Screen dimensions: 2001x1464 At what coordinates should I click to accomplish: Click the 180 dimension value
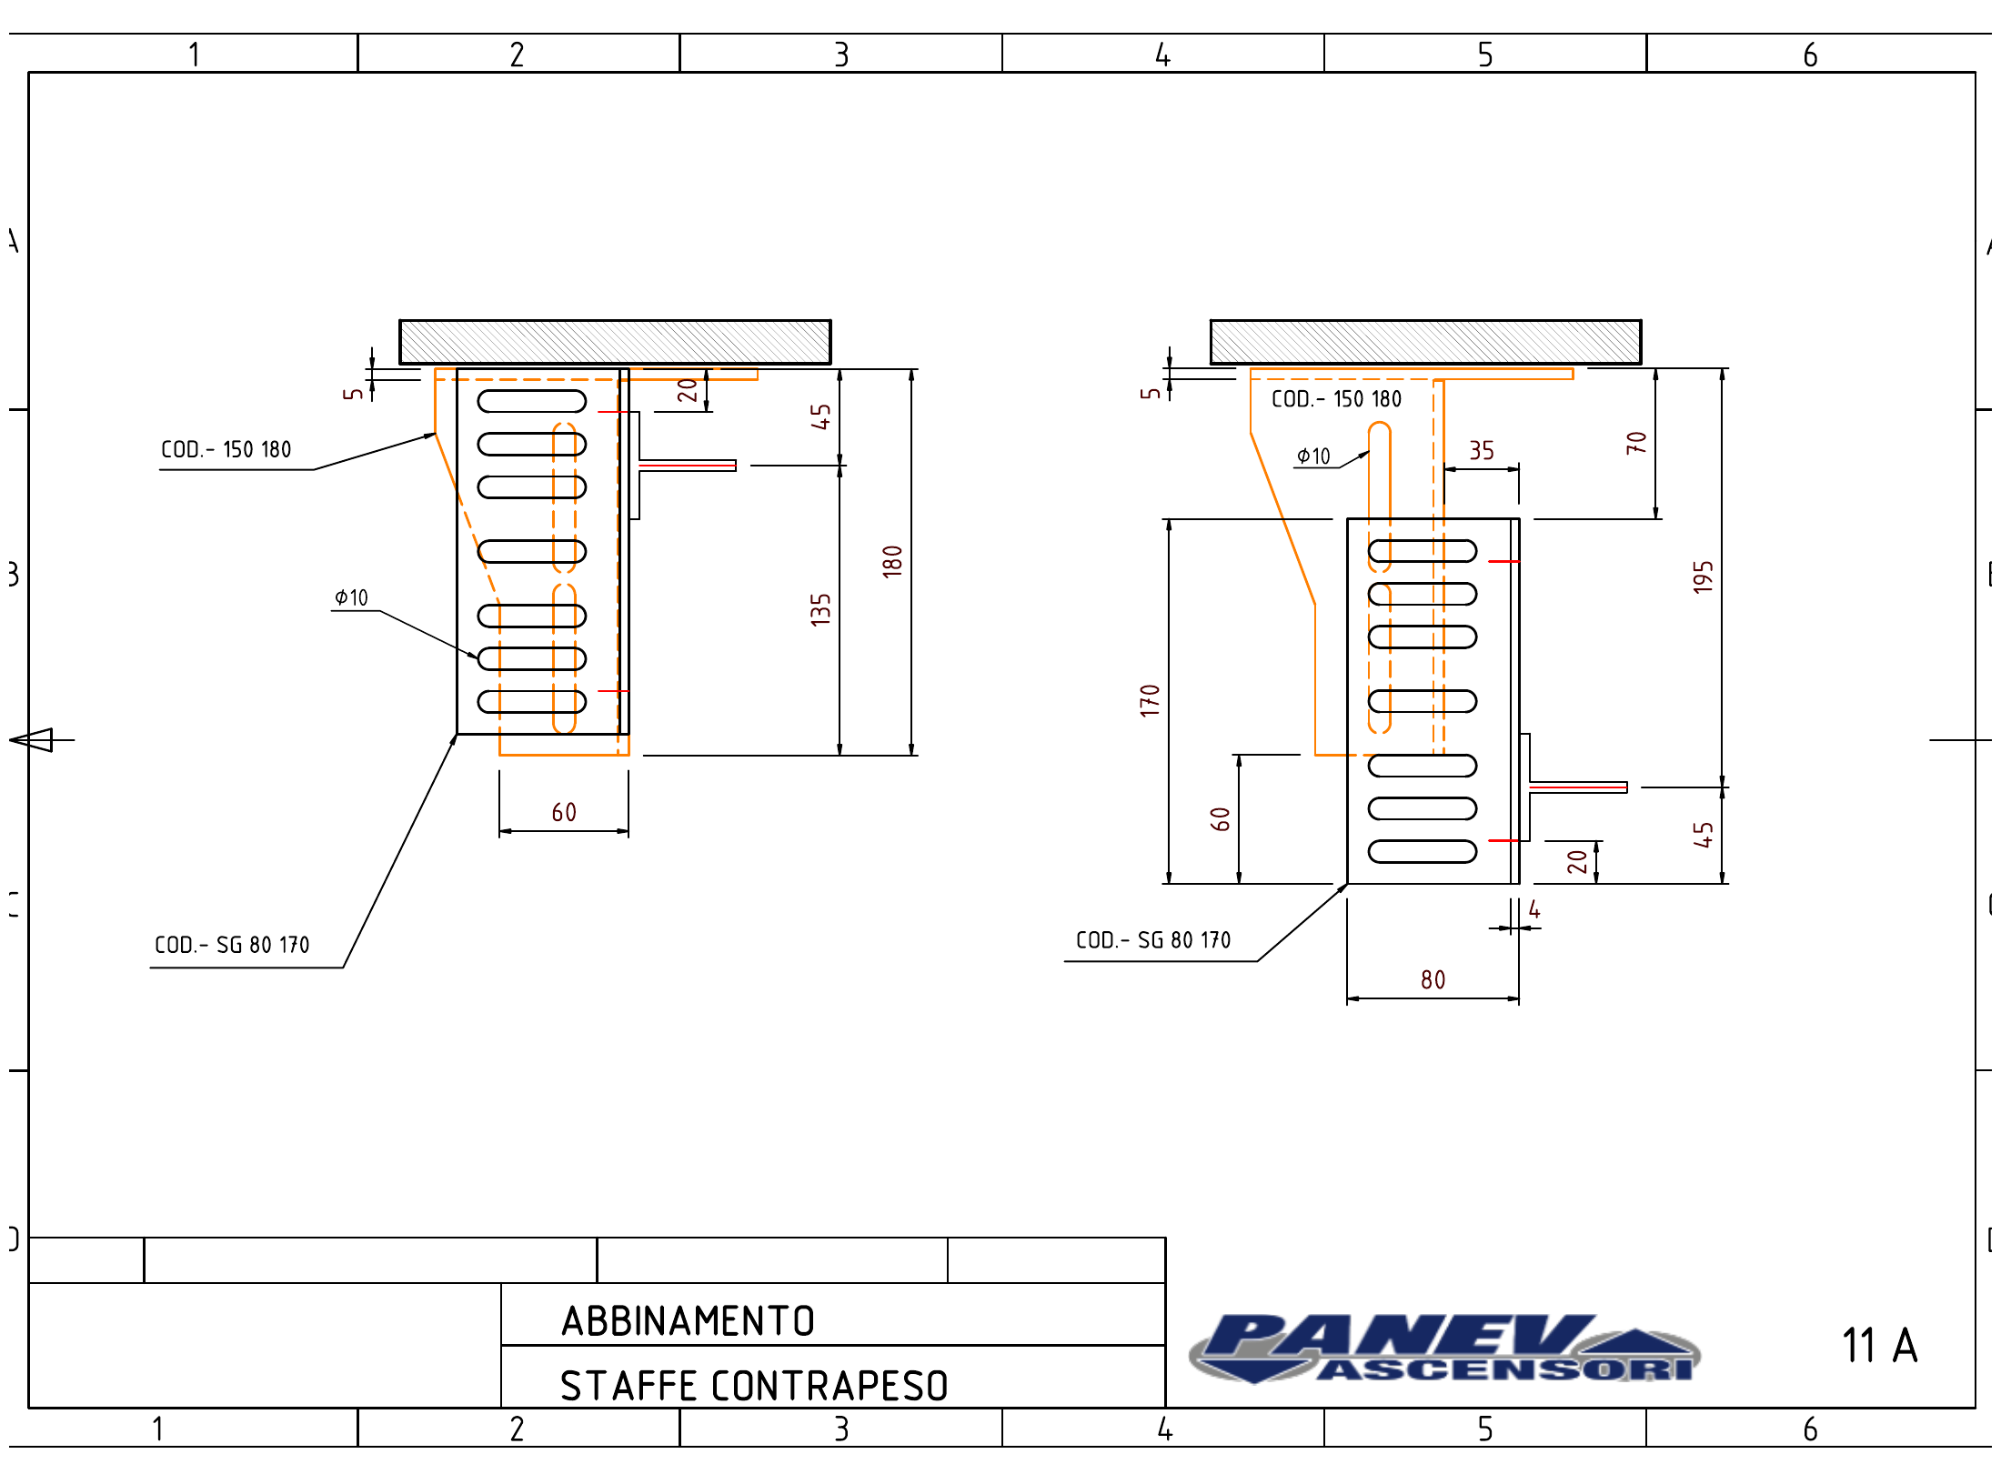pos(892,561)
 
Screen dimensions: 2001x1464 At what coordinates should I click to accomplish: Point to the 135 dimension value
pos(820,609)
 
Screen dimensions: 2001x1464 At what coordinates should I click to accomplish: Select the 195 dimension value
pos(1703,577)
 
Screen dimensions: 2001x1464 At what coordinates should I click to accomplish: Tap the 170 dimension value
pos(1150,700)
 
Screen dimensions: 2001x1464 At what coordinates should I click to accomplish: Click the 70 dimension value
pos(1636,443)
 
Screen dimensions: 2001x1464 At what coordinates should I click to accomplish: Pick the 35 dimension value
pos(1482,450)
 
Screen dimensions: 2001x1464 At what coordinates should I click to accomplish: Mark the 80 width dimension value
pos(1433,979)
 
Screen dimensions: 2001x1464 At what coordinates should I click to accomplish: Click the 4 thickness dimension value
pos(1534,909)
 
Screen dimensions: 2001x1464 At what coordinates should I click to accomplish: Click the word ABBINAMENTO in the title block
pos(688,1321)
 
